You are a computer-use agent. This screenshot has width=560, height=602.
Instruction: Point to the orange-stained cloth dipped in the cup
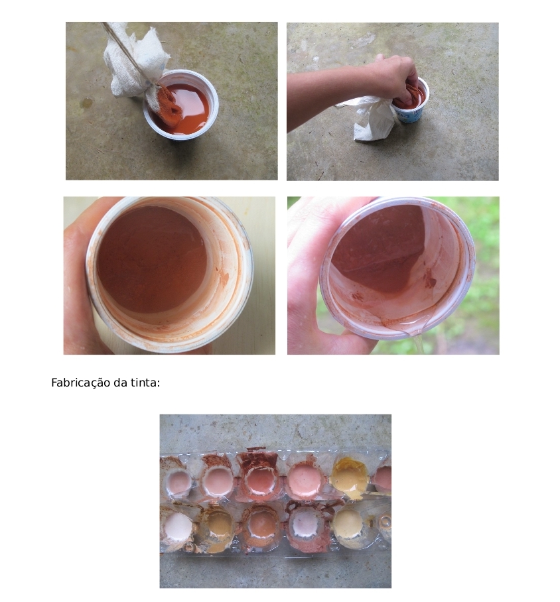coord(166,103)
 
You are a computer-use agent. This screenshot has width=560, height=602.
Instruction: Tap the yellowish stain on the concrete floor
coord(86,103)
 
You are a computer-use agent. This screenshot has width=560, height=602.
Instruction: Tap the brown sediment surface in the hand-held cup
coord(152,259)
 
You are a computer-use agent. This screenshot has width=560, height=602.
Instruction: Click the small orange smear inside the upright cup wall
coord(223,277)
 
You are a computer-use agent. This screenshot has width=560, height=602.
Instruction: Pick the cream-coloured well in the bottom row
coord(347,524)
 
